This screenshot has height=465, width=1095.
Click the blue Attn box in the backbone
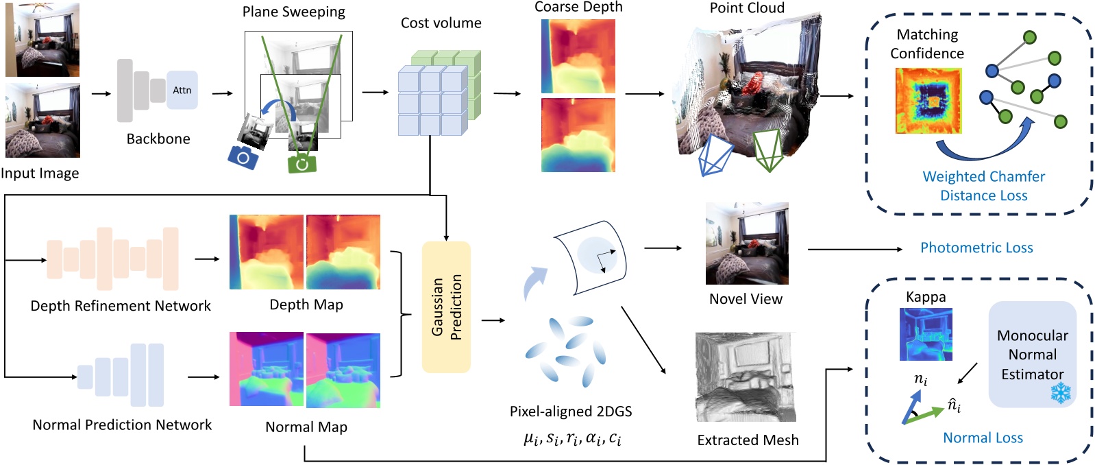(182, 90)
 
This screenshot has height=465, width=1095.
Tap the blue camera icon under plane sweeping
(243, 157)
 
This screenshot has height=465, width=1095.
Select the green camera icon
(302, 163)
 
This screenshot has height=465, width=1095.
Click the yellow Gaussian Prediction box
(446, 307)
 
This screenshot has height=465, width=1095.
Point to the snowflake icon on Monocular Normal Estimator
(1061, 393)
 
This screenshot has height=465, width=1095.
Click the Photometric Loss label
(976, 248)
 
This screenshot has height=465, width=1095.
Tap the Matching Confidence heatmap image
(928, 101)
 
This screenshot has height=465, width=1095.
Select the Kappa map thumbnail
(925, 334)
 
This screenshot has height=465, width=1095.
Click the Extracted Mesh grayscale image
(746, 377)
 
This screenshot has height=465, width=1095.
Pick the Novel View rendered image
(747, 243)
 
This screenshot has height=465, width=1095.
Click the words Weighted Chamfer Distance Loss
(983, 186)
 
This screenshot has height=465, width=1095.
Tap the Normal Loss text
(983, 438)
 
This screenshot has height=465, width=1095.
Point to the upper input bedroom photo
(42, 39)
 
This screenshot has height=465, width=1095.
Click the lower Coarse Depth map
(578, 135)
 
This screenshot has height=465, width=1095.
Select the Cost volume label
(441, 23)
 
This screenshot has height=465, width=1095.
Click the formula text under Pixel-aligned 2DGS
(572, 438)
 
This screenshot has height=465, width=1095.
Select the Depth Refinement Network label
(121, 306)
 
